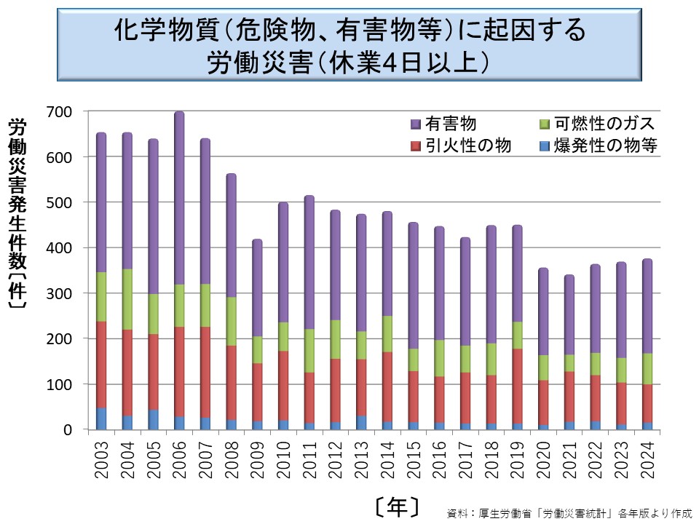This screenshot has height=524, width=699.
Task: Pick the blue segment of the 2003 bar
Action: coord(101,418)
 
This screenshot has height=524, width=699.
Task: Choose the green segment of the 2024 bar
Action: coord(647,368)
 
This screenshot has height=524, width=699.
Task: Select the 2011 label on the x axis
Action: coord(309,461)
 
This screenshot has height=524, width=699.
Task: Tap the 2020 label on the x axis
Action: coord(542,461)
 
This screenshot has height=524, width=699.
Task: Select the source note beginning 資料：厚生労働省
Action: coord(569,512)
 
